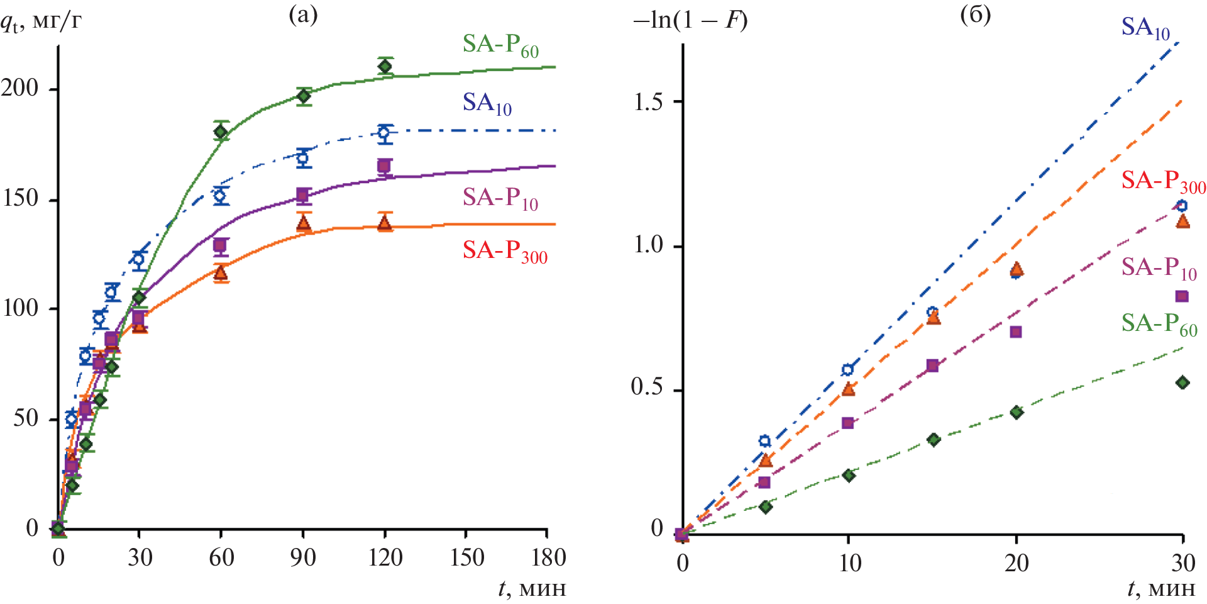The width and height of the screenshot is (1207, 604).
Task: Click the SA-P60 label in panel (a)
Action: pyautogui.click(x=500, y=45)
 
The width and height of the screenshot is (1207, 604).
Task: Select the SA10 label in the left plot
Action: pyautogui.click(x=487, y=103)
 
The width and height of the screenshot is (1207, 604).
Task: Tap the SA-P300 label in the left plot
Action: pyautogui.click(x=505, y=251)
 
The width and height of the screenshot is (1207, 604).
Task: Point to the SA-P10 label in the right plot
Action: pyautogui.click(x=1159, y=268)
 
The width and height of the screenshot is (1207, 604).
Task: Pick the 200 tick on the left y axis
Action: pyautogui.click(x=20, y=88)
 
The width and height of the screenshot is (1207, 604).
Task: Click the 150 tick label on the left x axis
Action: pyautogui.click(x=466, y=557)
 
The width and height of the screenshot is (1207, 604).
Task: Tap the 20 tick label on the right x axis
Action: pyautogui.click(x=1016, y=562)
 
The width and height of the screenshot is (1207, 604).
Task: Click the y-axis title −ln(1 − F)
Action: pyautogui.click(x=690, y=21)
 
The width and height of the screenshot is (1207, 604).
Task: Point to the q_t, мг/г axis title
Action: pyautogui.click(x=41, y=23)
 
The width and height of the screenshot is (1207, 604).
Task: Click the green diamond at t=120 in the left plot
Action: pyautogui.click(x=385, y=66)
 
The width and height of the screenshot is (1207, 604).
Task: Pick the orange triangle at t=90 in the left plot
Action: pyautogui.click(x=304, y=223)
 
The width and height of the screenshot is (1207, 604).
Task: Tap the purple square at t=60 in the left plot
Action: pyautogui.click(x=220, y=245)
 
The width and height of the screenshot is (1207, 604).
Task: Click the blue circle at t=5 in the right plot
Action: pyautogui.click(x=764, y=441)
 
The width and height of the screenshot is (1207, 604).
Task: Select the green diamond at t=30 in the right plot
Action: pyautogui.click(x=1182, y=383)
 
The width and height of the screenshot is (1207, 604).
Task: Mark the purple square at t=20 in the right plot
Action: pyautogui.click(x=1016, y=332)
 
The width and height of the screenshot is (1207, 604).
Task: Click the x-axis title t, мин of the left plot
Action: pyautogui.click(x=532, y=589)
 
